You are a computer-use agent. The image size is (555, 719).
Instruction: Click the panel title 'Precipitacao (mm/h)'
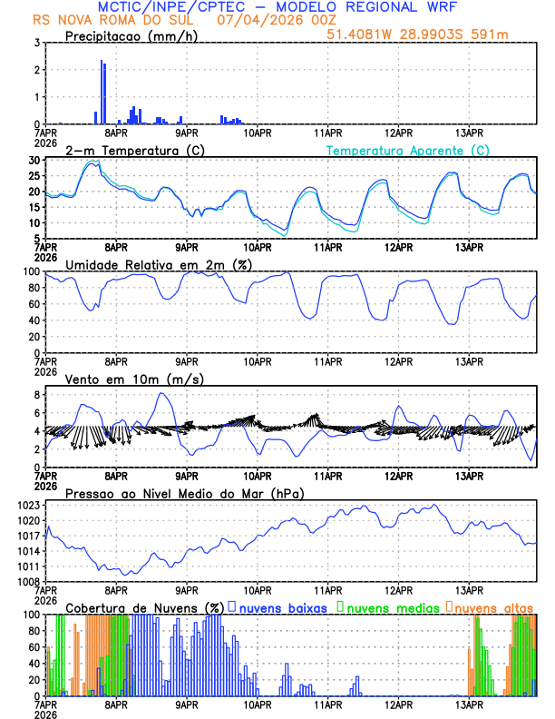pos(131,36)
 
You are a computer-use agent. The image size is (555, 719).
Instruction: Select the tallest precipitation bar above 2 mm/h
pos(102,91)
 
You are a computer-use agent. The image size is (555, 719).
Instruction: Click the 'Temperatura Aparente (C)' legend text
pos(408,150)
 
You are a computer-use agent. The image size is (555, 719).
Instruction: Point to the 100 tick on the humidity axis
pos(30,271)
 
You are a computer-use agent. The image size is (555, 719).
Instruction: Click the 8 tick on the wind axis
pos(34,395)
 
